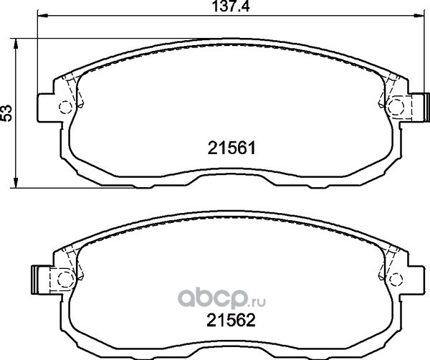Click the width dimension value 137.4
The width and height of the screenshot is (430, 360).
231,6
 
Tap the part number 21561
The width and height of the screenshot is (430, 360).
231,148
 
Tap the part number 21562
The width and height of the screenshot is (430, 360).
231,320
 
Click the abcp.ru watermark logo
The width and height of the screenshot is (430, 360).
222,299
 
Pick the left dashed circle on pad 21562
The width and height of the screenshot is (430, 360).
65,279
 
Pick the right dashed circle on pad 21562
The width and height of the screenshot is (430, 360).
396,280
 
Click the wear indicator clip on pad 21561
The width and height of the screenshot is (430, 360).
421,107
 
